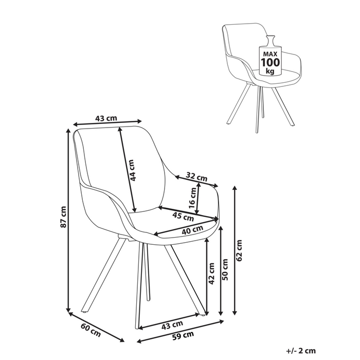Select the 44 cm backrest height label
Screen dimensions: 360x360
pos(132,171)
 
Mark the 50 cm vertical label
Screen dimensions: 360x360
pos(225,269)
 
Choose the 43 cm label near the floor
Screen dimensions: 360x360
pos(172,325)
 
